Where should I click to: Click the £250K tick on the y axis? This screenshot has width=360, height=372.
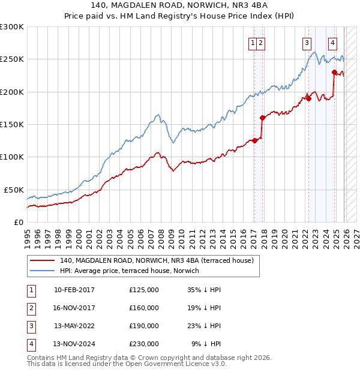click(x=12, y=59)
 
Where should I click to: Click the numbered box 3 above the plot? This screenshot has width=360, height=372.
click(x=307, y=43)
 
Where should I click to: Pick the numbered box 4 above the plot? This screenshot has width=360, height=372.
click(x=332, y=43)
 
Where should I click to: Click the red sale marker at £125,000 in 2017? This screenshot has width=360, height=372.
click(x=254, y=140)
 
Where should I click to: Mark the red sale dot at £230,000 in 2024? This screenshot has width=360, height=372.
click(x=334, y=72)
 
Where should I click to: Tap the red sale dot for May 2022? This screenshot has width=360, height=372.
click(x=308, y=98)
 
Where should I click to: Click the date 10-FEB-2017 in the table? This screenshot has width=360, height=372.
click(x=74, y=290)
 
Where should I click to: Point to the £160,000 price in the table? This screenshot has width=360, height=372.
click(x=144, y=308)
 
